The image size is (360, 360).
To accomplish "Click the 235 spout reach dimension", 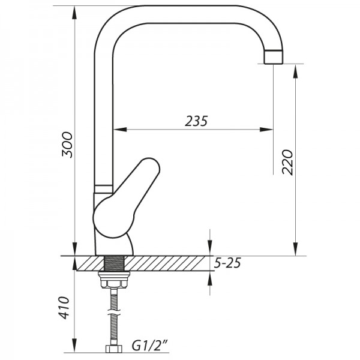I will pyautogui.click(x=196, y=121).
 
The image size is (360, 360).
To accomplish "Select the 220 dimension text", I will pyautogui.click(x=287, y=161).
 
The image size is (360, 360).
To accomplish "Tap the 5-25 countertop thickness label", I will pyautogui.click(x=229, y=262).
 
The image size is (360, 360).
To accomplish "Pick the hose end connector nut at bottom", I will pyautogui.click(x=112, y=348).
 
